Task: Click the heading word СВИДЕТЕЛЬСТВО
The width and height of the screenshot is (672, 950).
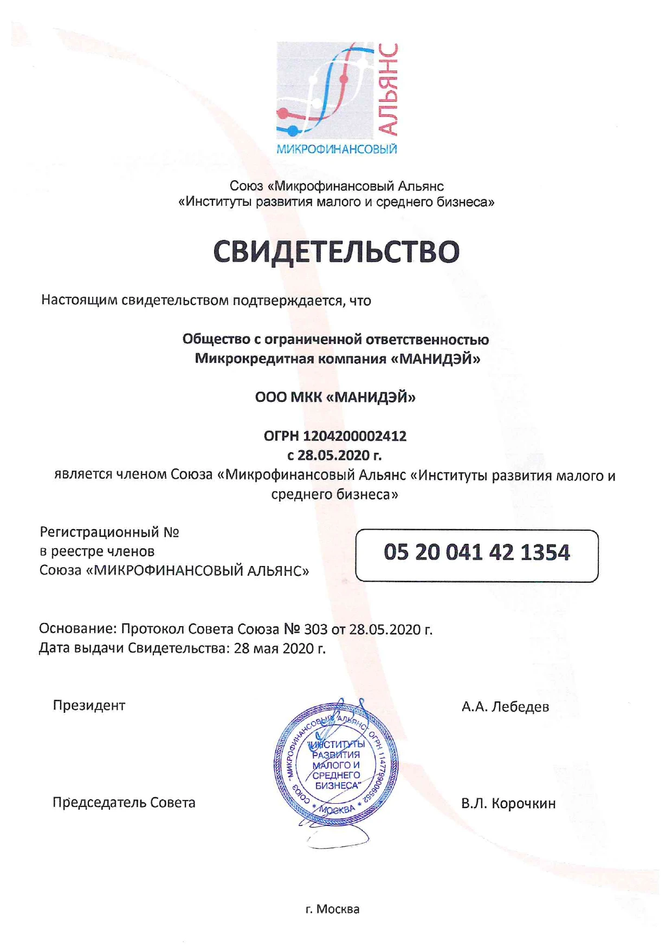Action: point(336,252)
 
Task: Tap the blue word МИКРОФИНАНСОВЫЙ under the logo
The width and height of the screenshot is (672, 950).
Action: point(337,149)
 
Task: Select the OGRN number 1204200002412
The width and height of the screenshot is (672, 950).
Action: point(354,437)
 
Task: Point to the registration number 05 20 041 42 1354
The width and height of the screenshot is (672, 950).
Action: point(476,553)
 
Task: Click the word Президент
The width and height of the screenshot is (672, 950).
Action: point(89,706)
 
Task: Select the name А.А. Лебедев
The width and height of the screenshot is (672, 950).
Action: point(505,707)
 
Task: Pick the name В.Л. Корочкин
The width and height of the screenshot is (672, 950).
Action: point(508,804)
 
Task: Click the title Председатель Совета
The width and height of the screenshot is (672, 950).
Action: point(124,803)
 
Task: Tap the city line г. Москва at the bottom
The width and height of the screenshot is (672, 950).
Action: point(332,909)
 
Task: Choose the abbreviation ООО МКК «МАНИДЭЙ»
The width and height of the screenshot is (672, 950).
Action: point(335,398)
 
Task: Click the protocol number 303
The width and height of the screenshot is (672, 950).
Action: point(316,629)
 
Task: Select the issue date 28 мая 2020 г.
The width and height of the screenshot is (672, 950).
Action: point(280,648)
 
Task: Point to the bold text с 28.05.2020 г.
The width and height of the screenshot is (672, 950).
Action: point(334,456)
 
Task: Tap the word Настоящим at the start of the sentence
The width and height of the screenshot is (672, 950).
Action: point(79,300)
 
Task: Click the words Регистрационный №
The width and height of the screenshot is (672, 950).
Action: point(109,532)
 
